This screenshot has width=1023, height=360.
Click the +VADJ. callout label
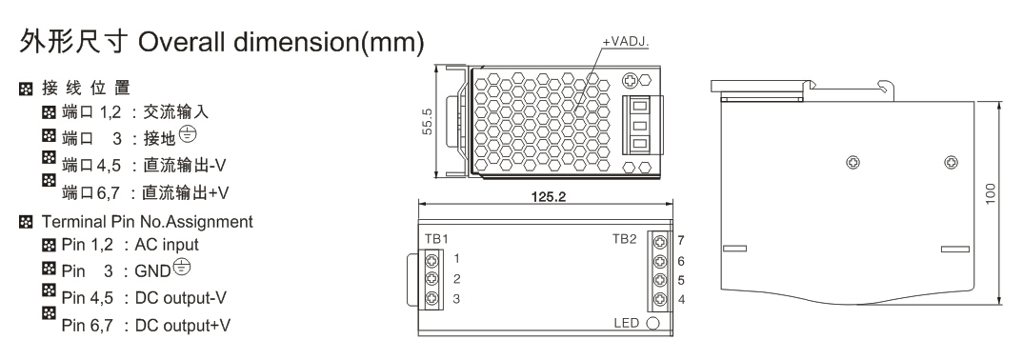(625, 42)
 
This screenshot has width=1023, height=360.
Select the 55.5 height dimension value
(428, 122)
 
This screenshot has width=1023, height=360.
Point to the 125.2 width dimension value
(548, 196)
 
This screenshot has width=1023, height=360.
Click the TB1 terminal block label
(436, 239)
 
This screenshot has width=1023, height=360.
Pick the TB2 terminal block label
(624, 239)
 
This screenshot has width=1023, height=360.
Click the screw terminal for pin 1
(431, 260)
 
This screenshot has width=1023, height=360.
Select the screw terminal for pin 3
(431, 299)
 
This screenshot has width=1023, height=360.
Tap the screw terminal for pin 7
(660, 241)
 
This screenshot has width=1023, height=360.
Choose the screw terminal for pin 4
(660, 300)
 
